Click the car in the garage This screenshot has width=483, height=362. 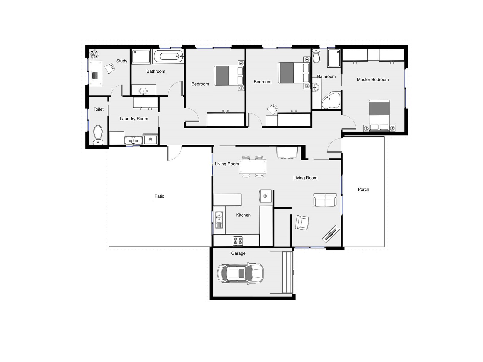(240, 273)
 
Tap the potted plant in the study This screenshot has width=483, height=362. (94, 54)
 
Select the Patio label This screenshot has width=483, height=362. (159, 196)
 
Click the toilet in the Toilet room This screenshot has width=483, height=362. (98, 135)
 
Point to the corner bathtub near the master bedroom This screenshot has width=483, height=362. (331, 101)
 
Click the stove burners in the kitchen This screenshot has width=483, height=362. (238, 241)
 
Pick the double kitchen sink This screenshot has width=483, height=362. (219, 220)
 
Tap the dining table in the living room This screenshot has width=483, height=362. (253, 167)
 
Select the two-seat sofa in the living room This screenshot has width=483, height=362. (325, 200)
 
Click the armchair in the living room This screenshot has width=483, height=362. (302, 223)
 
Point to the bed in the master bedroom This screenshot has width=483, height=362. (379, 116)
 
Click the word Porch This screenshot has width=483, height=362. (363, 189)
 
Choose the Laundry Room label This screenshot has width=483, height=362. (134, 119)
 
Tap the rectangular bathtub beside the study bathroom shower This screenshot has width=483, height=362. (168, 56)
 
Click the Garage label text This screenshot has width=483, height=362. (238, 253)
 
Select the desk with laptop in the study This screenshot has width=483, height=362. (95, 73)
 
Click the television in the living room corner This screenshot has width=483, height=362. (331, 233)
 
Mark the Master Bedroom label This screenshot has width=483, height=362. (373, 80)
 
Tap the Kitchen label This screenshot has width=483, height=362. (243, 215)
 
